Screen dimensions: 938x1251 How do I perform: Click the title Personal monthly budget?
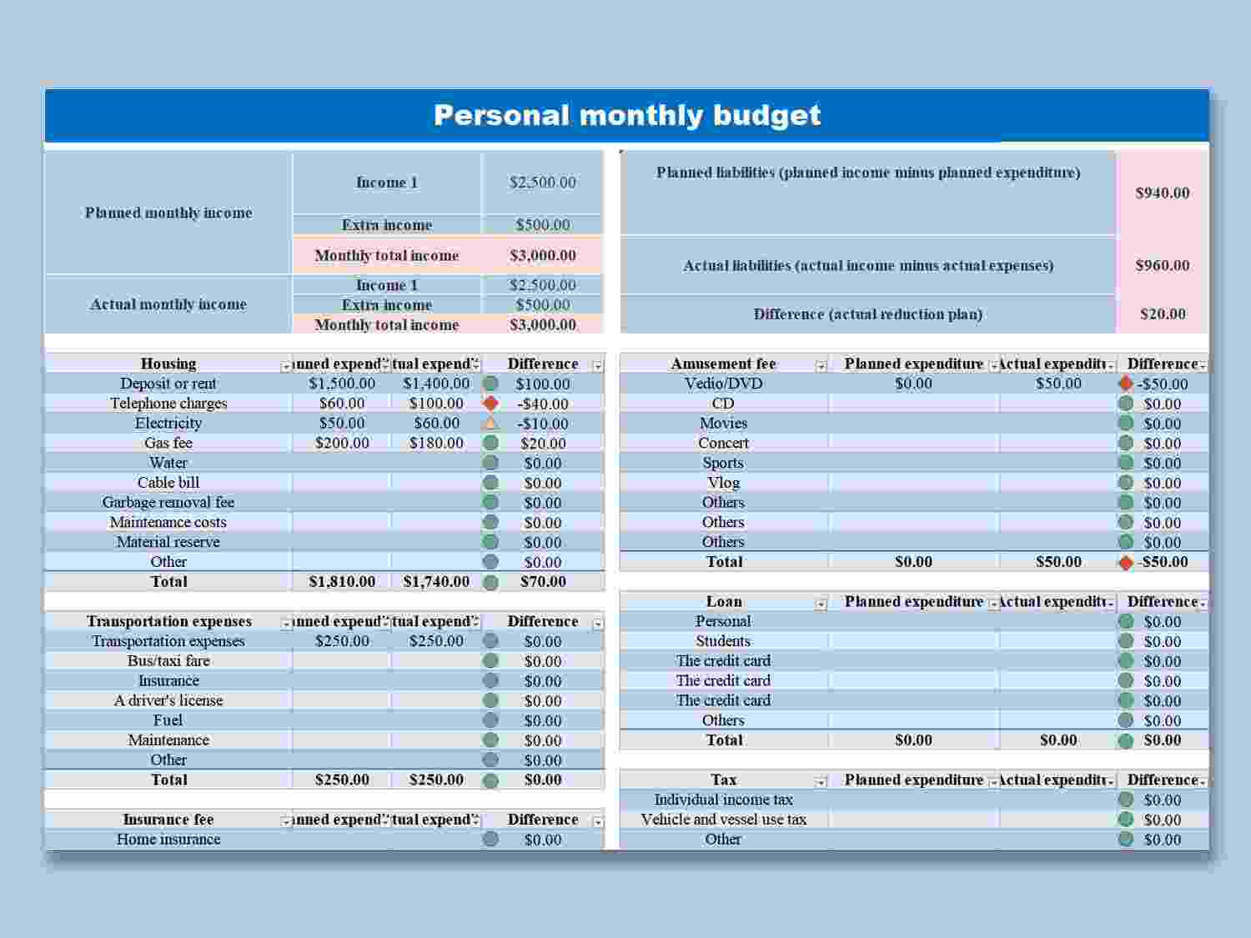(x=627, y=115)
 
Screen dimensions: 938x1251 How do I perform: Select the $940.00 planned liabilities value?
(x=1162, y=193)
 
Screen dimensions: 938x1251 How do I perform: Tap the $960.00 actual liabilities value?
(x=1162, y=265)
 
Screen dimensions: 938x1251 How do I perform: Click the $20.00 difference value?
(x=1163, y=314)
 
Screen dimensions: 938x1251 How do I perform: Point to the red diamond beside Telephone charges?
(x=490, y=404)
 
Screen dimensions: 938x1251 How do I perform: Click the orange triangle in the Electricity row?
(x=490, y=424)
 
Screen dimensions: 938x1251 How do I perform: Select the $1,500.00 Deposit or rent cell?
(x=342, y=384)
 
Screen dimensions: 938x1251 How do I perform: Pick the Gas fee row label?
(x=168, y=443)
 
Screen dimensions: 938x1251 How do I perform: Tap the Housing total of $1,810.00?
(x=342, y=582)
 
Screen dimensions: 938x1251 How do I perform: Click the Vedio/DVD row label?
(x=723, y=384)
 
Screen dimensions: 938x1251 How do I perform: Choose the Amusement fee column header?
(x=723, y=364)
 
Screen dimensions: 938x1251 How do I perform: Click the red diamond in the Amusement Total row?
(x=1126, y=563)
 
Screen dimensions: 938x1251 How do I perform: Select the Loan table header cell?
(x=723, y=601)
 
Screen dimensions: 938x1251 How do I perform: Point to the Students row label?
(x=723, y=641)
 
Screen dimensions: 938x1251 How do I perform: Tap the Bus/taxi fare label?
(x=168, y=660)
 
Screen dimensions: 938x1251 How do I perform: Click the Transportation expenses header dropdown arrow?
(x=286, y=624)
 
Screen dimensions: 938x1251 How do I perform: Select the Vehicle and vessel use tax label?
(x=723, y=820)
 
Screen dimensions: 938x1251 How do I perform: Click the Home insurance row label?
(x=168, y=840)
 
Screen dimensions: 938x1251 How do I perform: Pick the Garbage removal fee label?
(x=168, y=502)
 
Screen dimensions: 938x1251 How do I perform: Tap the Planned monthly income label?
(x=168, y=213)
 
